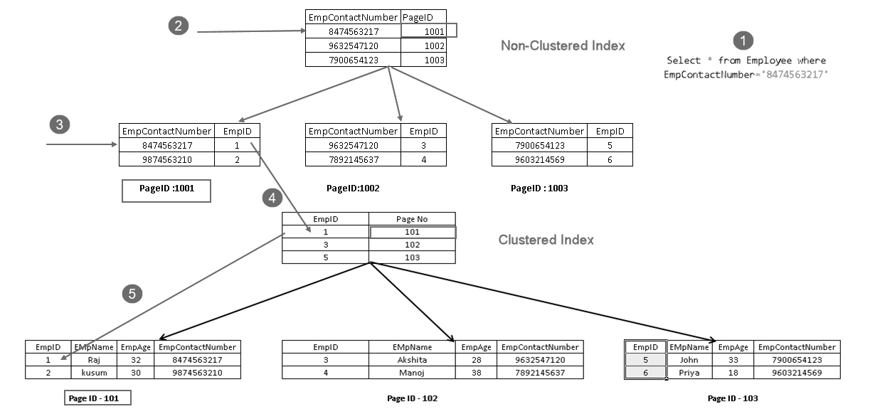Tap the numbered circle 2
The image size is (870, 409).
(x=179, y=26)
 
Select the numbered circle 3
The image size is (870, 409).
(x=60, y=125)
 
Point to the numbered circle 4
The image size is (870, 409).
(x=272, y=198)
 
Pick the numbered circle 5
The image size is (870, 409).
(x=131, y=293)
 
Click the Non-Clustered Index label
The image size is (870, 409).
(x=563, y=46)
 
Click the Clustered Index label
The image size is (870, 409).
(x=546, y=240)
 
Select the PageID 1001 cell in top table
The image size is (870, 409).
(x=428, y=31)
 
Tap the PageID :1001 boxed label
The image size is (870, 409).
(x=166, y=190)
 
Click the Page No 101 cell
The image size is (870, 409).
(x=413, y=232)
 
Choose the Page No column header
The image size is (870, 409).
(x=413, y=220)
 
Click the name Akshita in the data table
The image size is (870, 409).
(x=412, y=360)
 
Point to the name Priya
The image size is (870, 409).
(x=689, y=373)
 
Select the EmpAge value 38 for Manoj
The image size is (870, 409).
(x=476, y=373)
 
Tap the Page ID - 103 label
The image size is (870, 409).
(x=733, y=398)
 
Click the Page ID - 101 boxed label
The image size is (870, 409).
(x=98, y=398)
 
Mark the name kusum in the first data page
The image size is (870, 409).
(x=94, y=373)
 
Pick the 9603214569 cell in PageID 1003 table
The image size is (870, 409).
(x=539, y=159)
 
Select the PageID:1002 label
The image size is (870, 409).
(x=354, y=188)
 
